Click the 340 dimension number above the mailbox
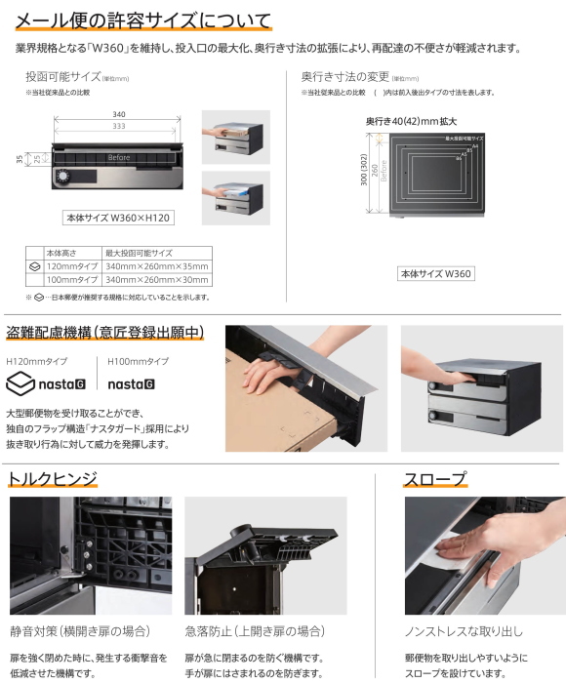pos(118,115)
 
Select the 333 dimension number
pos(118,127)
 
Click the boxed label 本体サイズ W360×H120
pos(118,218)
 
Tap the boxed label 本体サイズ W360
pos(435,274)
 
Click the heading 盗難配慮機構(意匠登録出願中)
pos(105,333)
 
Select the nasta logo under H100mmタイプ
pos(131,384)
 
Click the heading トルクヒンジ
pos(53,478)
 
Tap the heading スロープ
pos(435,478)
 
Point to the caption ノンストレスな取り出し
pos(464,631)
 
